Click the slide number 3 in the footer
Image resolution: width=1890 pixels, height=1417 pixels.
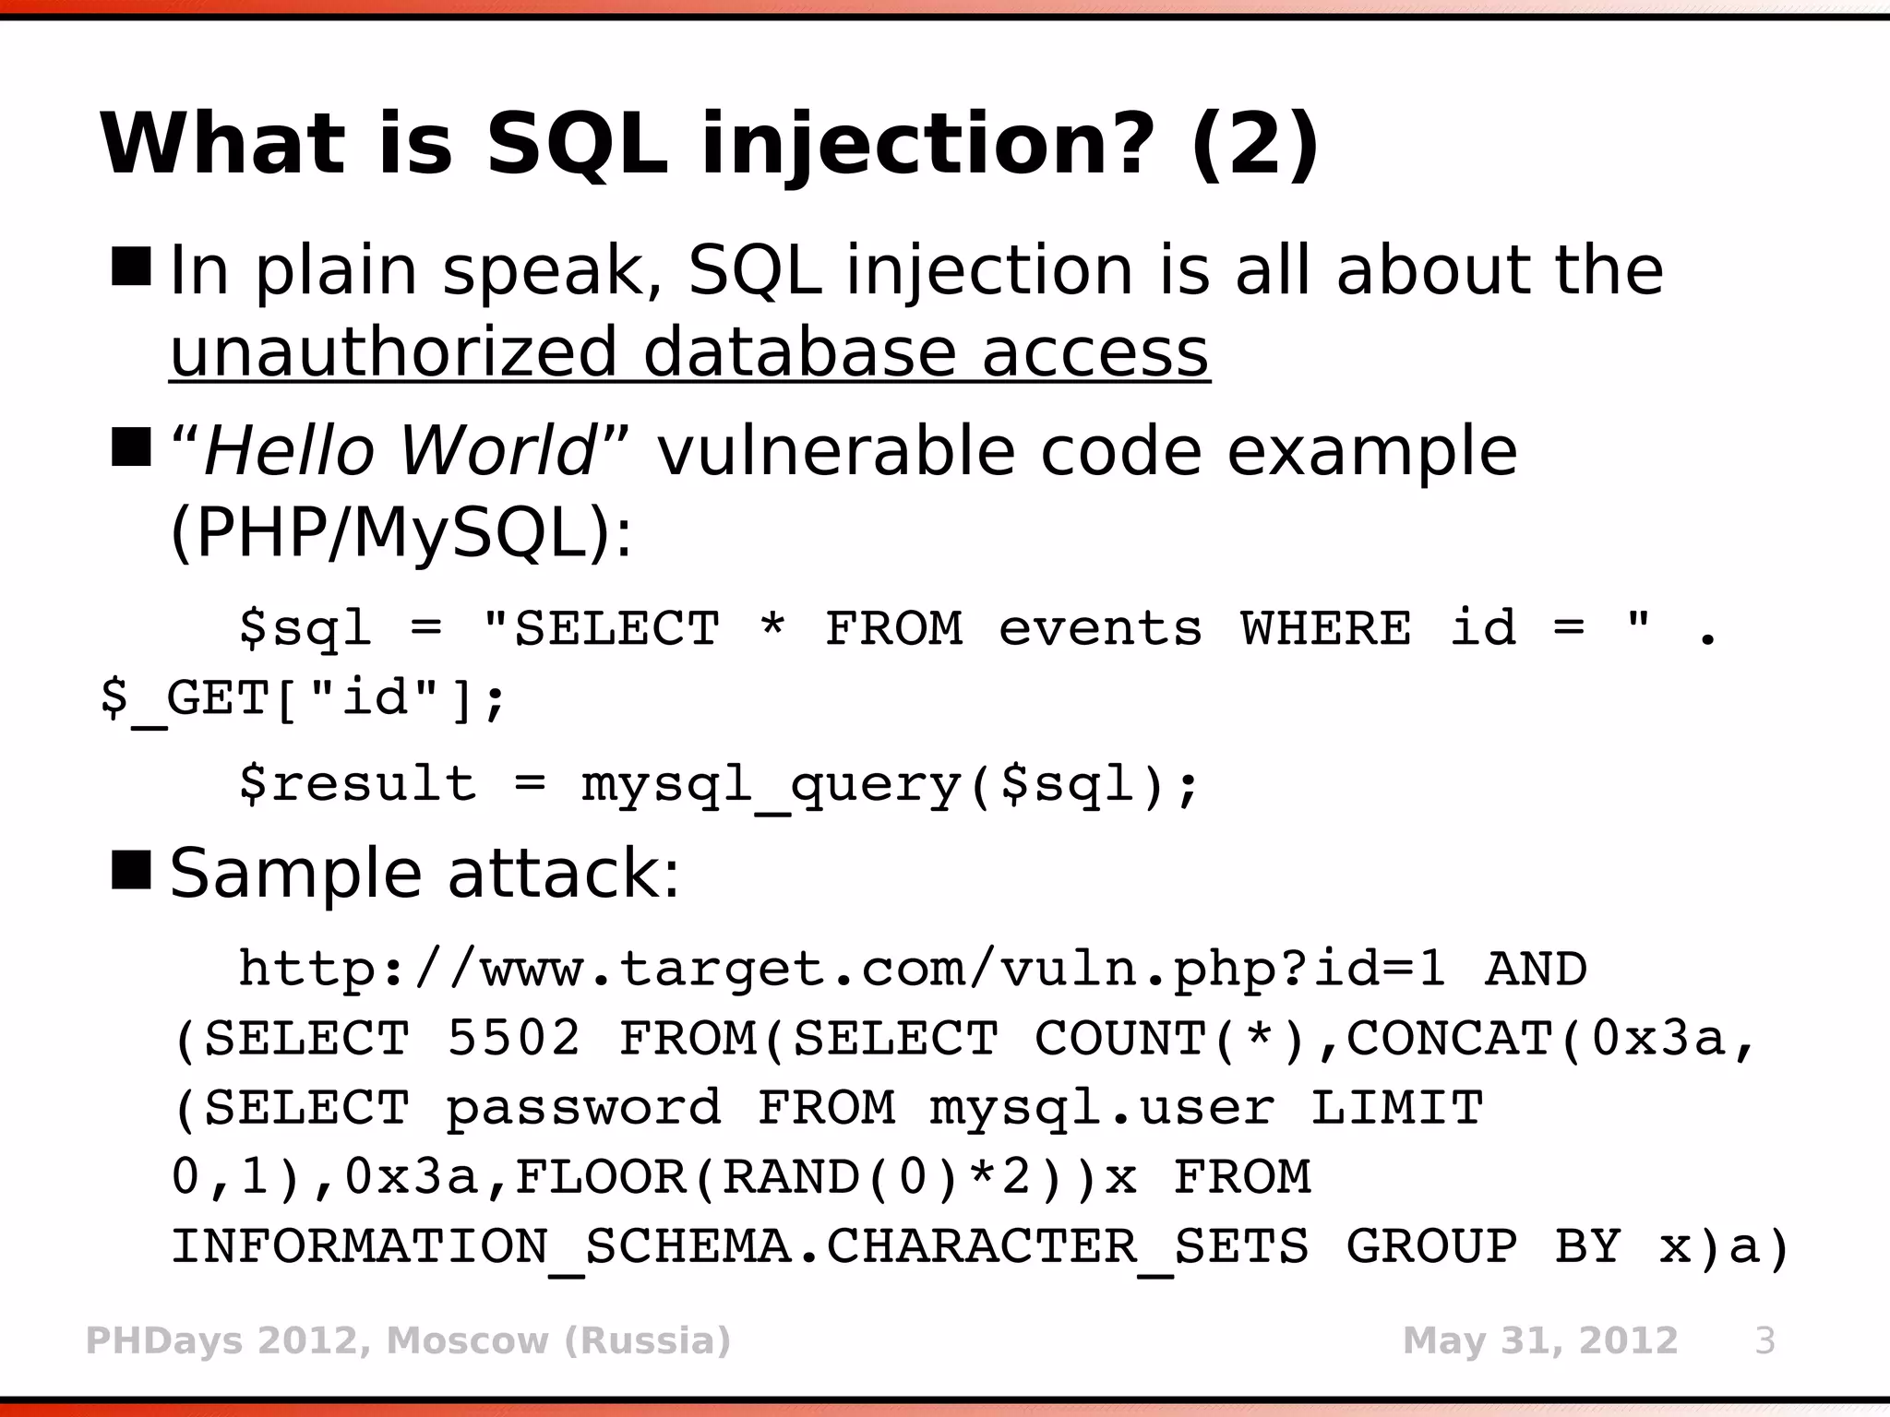(x=1764, y=1340)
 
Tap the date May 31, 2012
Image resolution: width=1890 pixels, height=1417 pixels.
(x=1539, y=1340)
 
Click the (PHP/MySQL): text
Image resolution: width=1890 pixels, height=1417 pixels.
(x=401, y=533)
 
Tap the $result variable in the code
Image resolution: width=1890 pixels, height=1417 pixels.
(x=357, y=785)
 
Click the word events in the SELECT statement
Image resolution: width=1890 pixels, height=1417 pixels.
(x=1100, y=629)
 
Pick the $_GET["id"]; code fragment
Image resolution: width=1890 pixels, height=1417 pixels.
(x=303, y=698)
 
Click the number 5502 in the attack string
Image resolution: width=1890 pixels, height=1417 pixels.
(x=514, y=1039)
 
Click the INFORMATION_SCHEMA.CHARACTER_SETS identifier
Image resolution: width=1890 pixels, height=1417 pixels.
(x=739, y=1247)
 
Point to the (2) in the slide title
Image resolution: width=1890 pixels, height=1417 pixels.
(x=1255, y=145)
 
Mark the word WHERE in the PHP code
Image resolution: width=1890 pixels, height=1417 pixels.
(x=1325, y=629)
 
